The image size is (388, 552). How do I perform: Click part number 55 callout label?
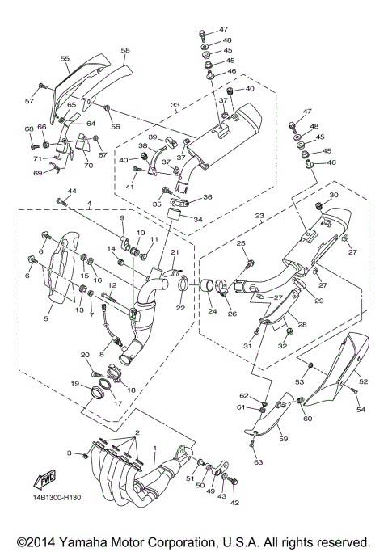[65, 59]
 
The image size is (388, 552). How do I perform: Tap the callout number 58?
[125, 50]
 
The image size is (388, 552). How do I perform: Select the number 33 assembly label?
[175, 105]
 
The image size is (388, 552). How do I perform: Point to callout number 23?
[259, 216]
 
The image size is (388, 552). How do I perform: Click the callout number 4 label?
[90, 204]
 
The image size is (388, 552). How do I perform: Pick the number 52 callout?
[364, 381]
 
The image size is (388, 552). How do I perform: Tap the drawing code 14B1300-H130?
[57, 497]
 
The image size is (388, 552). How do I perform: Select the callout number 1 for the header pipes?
[154, 448]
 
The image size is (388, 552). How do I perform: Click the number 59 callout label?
[284, 439]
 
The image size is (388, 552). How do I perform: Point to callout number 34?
[198, 220]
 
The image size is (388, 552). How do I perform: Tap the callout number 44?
[72, 192]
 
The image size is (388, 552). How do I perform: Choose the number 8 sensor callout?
[102, 355]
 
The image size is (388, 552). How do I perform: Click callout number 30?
[334, 195]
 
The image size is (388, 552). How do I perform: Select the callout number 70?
[88, 165]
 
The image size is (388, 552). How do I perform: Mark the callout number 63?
[259, 462]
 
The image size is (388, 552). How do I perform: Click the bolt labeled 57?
[42, 86]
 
